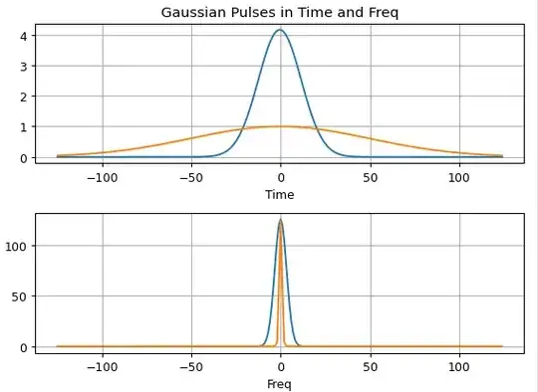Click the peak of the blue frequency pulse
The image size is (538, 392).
pos(280,220)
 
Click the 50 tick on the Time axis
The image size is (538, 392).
pos(370,178)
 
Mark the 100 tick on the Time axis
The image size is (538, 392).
pos(459,178)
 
